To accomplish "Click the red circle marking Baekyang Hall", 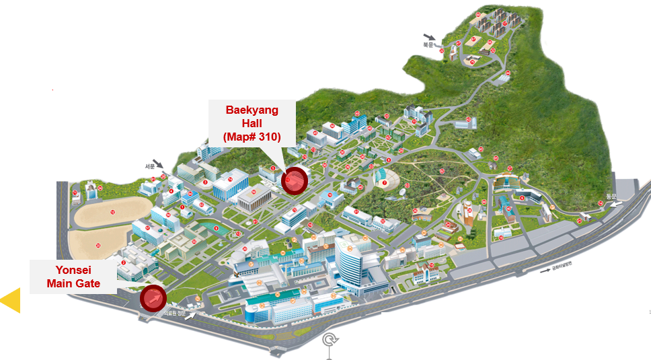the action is tap(294, 180).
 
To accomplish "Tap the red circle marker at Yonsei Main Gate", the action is tap(153, 298).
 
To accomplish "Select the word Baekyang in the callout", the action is tap(252, 110).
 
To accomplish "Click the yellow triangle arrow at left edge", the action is tap(10, 300).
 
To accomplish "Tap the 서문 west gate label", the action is tap(150, 166).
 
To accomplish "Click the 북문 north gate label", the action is tap(428, 45).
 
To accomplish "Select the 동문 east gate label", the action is tap(611, 196).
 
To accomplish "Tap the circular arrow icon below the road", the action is tap(330, 340).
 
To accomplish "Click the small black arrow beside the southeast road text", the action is tap(545, 271).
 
